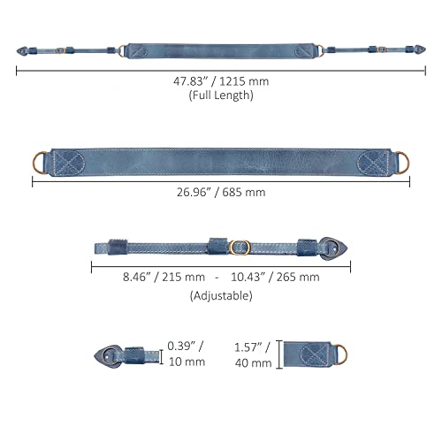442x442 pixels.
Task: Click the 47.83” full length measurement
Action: pyautogui.click(x=189, y=81)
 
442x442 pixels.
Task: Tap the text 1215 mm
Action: pyautogui.click(x=244, y=81)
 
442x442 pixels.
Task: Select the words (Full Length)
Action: pyautogui.click(x=221, y=95)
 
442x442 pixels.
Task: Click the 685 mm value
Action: pyautogui.click(x=244, y=192)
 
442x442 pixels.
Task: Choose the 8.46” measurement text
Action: pyautogui.click(x=137, y=277)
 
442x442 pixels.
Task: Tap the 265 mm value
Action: pyautogui.click(x=298, y=277)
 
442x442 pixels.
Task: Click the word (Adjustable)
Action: pyautogui.click(x=221, y=295)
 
